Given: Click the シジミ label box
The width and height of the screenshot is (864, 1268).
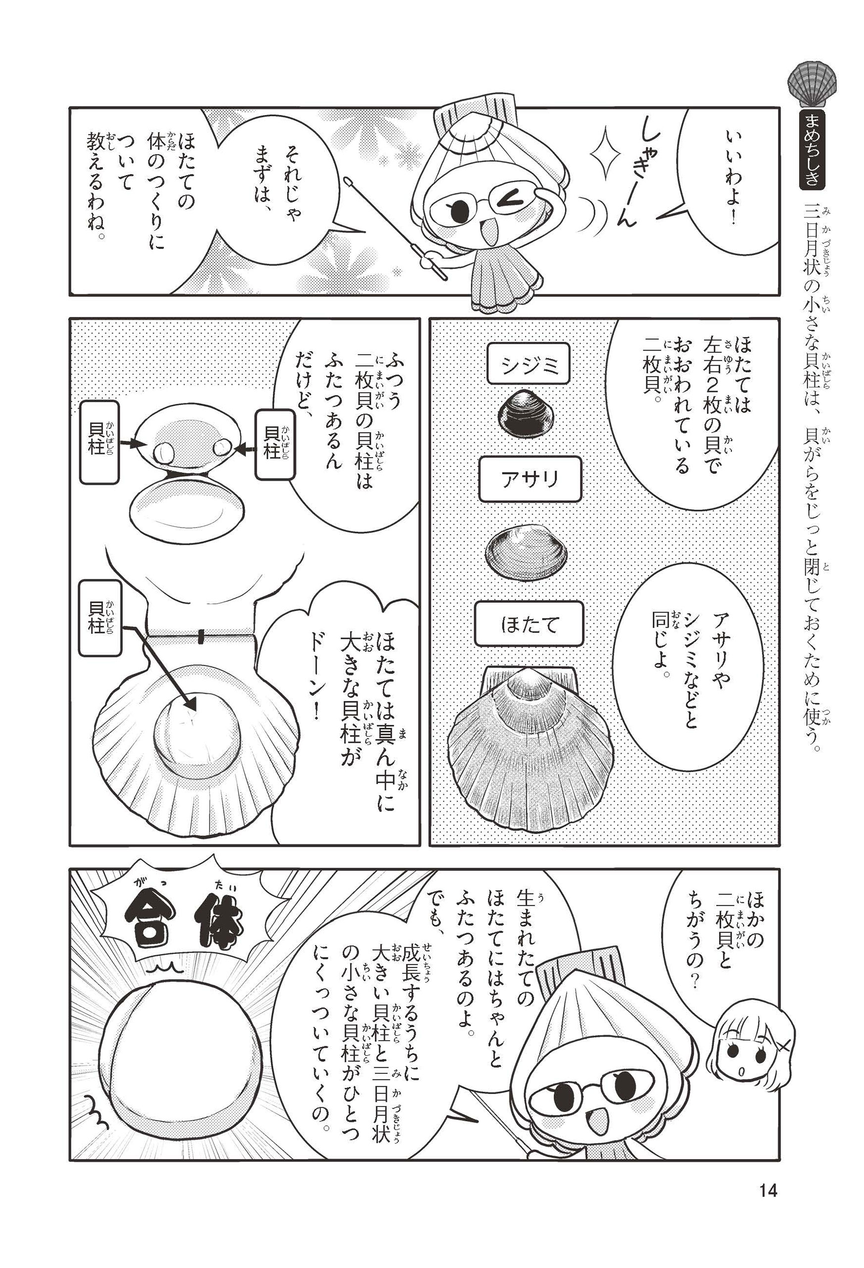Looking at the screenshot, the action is point(527,364).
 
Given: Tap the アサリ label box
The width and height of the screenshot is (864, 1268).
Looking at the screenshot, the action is point(530,479).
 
